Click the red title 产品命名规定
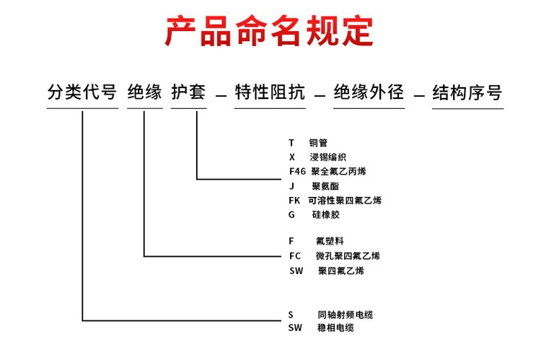[269, 31]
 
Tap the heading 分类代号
[82, 92]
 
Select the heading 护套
[188, 92]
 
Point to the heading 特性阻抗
[270, 92]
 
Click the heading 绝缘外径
[369, 92]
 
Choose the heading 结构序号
[467, 92]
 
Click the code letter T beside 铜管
[291, 143]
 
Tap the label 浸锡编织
[327, 157]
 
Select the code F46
[297, 171]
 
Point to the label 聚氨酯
[325, 186]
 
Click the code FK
[294, 200]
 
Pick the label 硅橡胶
[326, 215]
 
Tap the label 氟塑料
[330, 241]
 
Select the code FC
[295, 256]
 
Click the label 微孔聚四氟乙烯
[348, 256]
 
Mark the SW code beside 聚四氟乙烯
[296, 271]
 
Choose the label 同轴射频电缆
[345, 315]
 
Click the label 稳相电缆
[335, 328]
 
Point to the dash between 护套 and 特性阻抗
[221, 95]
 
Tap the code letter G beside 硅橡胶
[291, 215]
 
